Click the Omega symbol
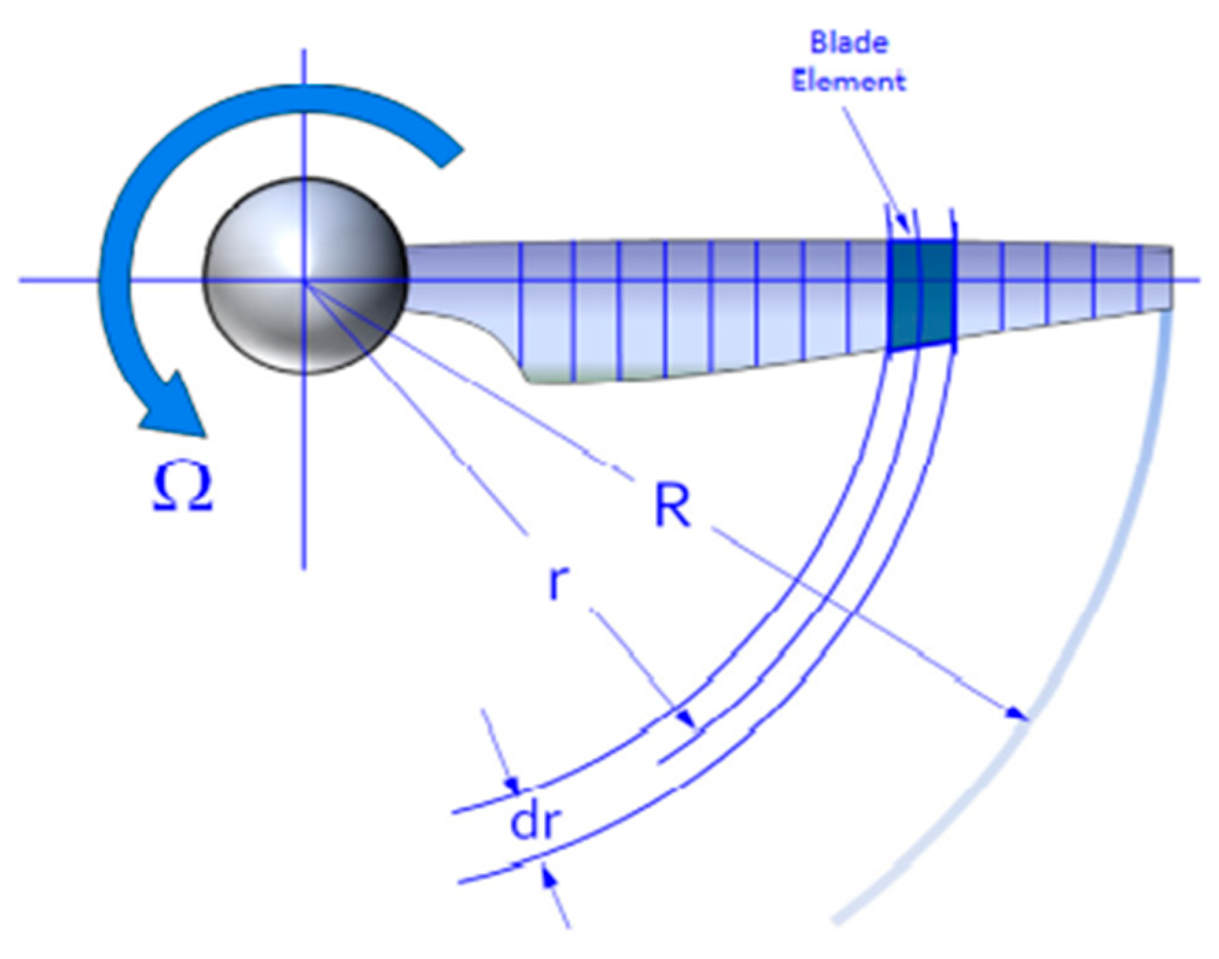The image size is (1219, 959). [182, 488]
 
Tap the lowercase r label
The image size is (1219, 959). [559, 584]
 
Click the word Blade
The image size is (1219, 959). [849, 43]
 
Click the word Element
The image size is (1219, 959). [849, 81]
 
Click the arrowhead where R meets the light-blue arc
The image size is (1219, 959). [1019, 715]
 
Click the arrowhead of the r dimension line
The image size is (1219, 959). [687, 720]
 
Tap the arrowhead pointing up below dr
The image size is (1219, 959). [549, 875]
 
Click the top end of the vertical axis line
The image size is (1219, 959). [304, 51]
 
